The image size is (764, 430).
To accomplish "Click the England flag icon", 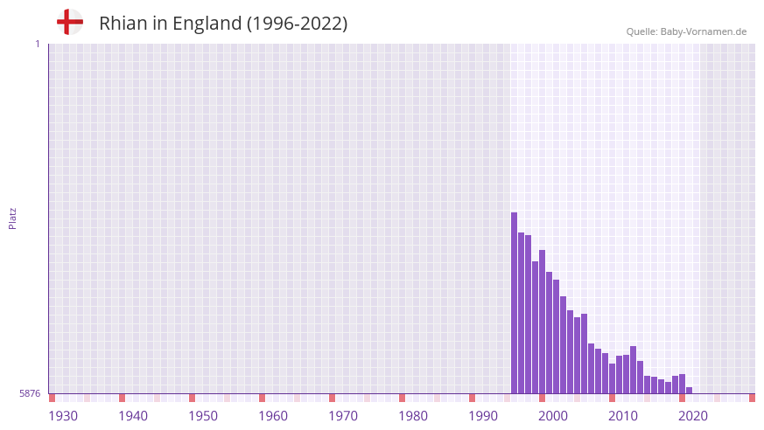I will point(70,22).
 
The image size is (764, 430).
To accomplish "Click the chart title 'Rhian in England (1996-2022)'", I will point(223,24).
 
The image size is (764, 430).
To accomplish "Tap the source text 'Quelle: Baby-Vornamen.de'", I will point(686,31).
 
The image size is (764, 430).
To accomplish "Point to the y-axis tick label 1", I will point(37,44).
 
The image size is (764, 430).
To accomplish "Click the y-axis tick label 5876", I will point(30,394).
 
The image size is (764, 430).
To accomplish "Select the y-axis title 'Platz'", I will point(12,218).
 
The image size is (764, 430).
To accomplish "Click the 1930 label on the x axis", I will point(63,416).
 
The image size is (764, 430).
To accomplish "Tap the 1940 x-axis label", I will point(133,416).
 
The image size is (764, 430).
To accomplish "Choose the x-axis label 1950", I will point(203,416).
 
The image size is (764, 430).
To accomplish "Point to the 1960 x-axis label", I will point(273,416).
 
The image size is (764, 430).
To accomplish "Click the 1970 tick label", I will point(343,416).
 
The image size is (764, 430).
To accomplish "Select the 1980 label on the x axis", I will point(413,416).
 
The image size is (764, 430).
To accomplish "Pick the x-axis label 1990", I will point(483,416).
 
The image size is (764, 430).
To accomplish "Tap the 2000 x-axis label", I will point(553,416).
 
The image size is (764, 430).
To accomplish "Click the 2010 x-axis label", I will point(623,416).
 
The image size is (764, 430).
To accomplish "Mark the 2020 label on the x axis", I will point(693,416).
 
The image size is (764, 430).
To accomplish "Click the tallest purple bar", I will point(515,302).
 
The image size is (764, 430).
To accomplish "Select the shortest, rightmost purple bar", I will point(690,391).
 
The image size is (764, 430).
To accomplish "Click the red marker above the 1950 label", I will point(193,398).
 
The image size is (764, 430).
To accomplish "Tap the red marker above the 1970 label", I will point(333,398).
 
